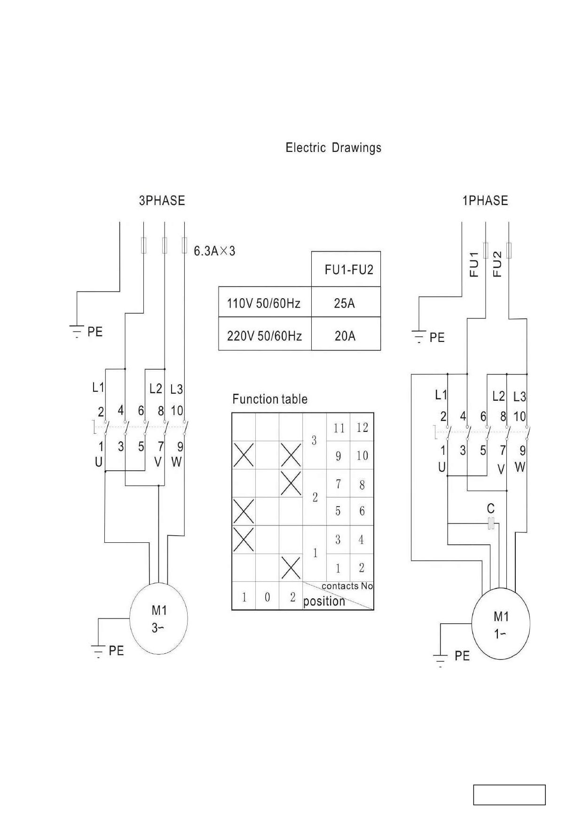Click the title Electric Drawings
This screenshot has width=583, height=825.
coord(333,148)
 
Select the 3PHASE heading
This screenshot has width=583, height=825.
coord(162,201)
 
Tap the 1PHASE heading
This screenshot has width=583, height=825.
coord(485,201)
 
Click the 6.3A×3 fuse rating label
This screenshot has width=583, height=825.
coord(214,251)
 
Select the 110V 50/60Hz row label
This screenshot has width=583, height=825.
coord(264,303)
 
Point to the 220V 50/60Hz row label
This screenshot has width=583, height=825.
coord(264,336)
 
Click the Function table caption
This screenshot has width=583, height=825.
coord(270,399)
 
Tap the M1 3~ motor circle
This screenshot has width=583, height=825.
coord(158,619)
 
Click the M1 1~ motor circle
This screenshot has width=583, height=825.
coord(501,624)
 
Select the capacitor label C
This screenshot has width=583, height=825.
coord(491,508)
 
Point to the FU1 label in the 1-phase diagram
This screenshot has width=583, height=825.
coord(474,264)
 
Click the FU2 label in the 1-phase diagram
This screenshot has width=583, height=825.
coord(497,264)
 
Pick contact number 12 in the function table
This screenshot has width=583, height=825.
coord(362,428)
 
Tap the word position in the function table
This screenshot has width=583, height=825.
coord(324,602)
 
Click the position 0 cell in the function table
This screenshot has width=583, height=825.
coord(267,596)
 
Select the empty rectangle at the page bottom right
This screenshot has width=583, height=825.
coord(509,795)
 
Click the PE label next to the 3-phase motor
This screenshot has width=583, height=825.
coord(116,651)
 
